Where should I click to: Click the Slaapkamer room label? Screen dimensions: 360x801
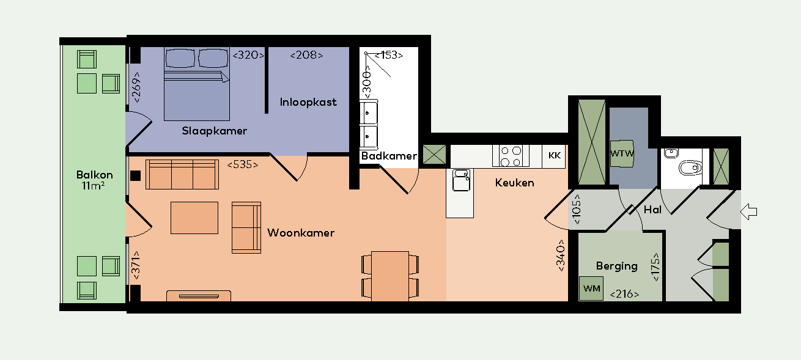214,131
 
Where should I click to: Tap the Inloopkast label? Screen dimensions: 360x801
308,102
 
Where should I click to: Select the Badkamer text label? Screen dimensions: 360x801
389,156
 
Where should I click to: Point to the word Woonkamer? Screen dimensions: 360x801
301,233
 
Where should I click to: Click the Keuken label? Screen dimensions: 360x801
514,183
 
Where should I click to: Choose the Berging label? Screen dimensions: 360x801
616,266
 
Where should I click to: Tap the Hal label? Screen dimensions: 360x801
652,210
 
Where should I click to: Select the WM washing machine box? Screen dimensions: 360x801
591,288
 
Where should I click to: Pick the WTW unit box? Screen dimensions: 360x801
622,153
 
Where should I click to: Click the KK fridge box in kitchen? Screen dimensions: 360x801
555,156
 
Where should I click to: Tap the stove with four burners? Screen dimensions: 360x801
511,156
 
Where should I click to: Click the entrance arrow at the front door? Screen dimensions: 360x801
748,212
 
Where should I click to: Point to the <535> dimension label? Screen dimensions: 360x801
242,165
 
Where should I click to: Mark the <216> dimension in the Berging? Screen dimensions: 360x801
624,295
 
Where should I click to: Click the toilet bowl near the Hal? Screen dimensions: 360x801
690,166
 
